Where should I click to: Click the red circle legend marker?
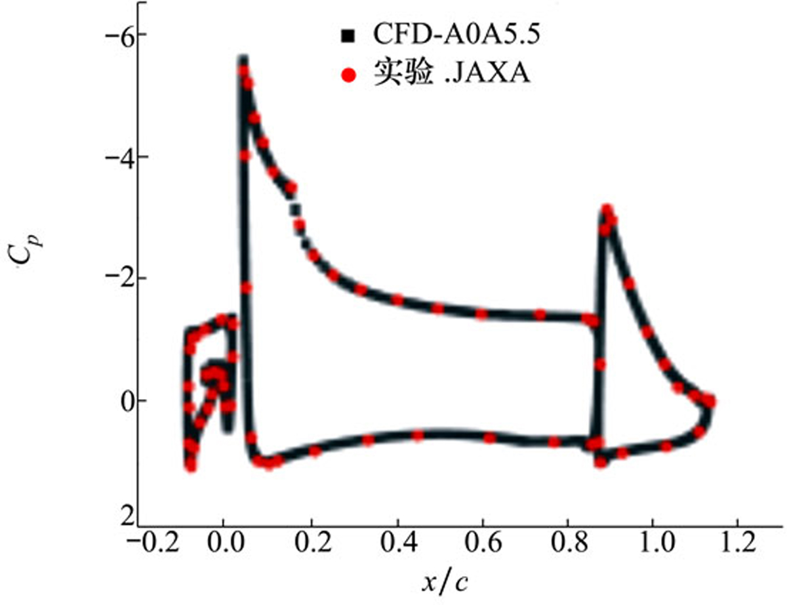tap(348, 75)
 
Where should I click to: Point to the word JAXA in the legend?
tap(494, 74)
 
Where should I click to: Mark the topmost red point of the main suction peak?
tap(243, 70)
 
